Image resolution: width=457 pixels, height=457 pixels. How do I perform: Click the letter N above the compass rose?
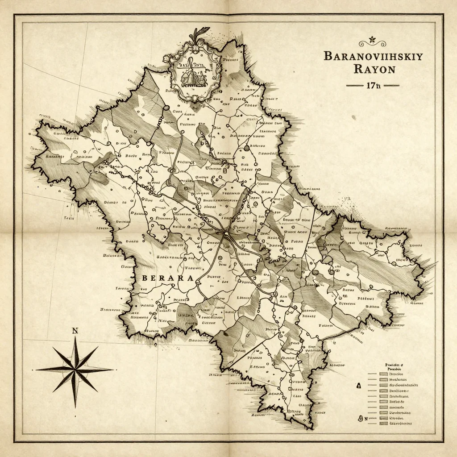pyautogui.click(x=75, y=331)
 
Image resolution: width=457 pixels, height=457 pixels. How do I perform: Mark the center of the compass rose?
pyautogui.click(x=75, y=370)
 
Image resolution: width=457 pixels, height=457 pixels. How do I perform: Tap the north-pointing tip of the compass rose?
pyautogui.click(x=75, y=338)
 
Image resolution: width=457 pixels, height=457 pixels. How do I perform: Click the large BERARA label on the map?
pyautogui.click(x=167, y=278)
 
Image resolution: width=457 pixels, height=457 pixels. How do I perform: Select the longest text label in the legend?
pyautogui.click(x=404, y=385)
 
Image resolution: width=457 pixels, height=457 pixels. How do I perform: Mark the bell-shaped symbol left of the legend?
pyautogui.click(x=358, y=386)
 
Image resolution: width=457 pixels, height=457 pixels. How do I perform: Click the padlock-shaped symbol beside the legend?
pyautogui.click(x=361, y=419)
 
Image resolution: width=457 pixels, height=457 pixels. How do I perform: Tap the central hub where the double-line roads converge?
pyautogui.click(x=227, y=233)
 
